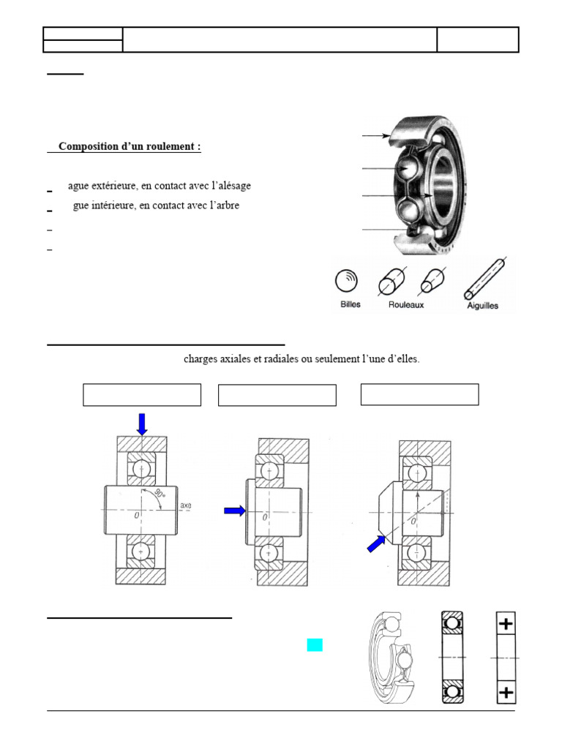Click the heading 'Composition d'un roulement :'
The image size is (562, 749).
pyautogui.click(x=129, y=146)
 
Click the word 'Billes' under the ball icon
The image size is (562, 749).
pyautogui.click(x=351, y=304)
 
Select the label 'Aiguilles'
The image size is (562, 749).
pyautogui.click(x=482, y=306)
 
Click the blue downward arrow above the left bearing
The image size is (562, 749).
pyautogui.click(x=142, y=423)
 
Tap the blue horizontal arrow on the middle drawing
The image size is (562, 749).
pyautogui.click(x=235, y=511)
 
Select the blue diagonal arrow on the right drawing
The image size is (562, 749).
pyautogui.click(x=376, y=543)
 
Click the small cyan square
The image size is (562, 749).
pyautogui.click(x=315, y=644)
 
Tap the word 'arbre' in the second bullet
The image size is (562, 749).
pyautogui.click(x=225, y=206)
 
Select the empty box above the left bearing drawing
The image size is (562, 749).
pyautogui.click(x=142, y=394)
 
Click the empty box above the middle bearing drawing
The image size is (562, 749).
pyautogui.click(x=277, y=395)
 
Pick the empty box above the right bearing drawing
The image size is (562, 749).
pyautogui.click(x=420, y=394)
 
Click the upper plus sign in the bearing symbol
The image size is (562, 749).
pyautogui.click(x=506, y=623)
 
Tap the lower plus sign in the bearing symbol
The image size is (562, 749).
pyautogui.click(x=506, y=692)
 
